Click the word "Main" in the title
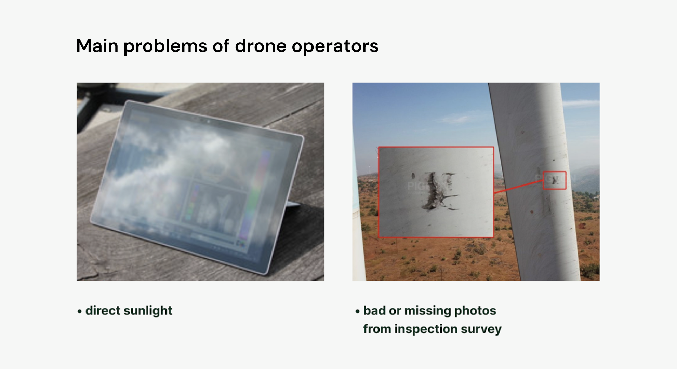point(97,46)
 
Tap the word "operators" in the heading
point(335,46)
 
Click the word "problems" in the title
point(165,46)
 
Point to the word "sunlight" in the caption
point(148,311)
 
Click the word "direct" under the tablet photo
point(103,311)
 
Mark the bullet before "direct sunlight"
point(80,311)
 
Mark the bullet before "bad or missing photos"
point(358,311)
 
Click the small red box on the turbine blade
point(554,180)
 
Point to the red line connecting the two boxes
point(518,187)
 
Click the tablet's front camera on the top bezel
point(208,121)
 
